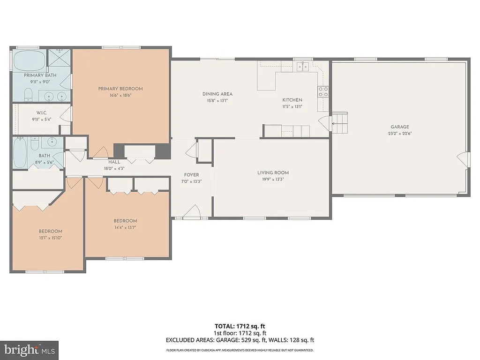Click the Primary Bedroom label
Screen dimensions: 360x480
[x=120, y=89]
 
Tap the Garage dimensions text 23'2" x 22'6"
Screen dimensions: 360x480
[x=400, y=133]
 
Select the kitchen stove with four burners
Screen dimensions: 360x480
[x=323, y=91]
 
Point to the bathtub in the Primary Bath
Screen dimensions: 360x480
[x=29, y=61]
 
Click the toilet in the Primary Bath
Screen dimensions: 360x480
[x=28, y=96]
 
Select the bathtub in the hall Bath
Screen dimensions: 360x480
[x=20, y=153]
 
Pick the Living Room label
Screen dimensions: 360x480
[x=273, y=172]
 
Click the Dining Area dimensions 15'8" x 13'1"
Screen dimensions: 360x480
[x=217, y=100]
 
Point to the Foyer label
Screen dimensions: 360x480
[x=191, y=175]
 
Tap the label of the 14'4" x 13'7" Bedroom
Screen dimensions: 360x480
[x=125, y=221]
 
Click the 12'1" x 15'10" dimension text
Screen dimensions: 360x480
[x=50, y=238]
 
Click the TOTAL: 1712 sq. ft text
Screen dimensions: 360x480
[x=240, y=326]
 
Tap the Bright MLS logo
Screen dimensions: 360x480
[x=29, y=350]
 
